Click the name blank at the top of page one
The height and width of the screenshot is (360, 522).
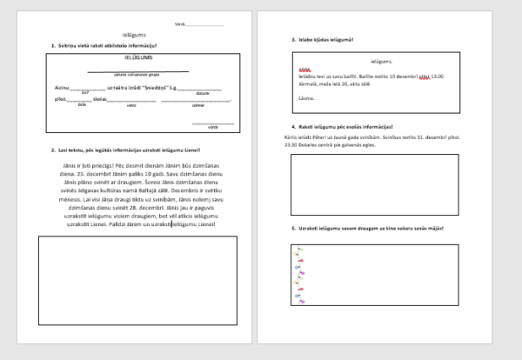point(204,25)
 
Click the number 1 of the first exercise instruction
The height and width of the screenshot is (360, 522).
point(53,44)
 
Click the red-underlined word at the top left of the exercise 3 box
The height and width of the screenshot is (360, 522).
point(304,70)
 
